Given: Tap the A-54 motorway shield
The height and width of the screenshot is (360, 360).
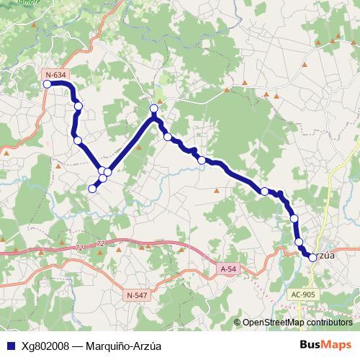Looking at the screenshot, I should click(228, 269).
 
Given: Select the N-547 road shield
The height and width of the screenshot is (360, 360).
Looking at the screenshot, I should click(136, 295).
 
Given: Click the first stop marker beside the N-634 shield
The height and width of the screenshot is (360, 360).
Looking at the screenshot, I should click(48, 84).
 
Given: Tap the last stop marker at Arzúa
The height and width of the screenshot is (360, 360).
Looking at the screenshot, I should click(312, 257).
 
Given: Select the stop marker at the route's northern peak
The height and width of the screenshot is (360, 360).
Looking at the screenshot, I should click(153, 109).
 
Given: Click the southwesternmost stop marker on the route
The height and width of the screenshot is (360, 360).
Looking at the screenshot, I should click(91, 189).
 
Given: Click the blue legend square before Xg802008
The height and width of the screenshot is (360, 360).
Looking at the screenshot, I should click(9, 344).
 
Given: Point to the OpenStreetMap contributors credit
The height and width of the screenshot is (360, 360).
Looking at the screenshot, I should click(297, 323).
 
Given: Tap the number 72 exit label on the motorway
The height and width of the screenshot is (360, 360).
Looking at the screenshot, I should click(99, 245).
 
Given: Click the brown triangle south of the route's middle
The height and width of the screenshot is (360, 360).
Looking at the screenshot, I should click(217, 191).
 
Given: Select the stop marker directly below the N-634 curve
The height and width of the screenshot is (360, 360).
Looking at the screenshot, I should click(78, 107).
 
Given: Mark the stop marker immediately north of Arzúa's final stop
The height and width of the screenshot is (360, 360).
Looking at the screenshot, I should click(300, 243).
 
